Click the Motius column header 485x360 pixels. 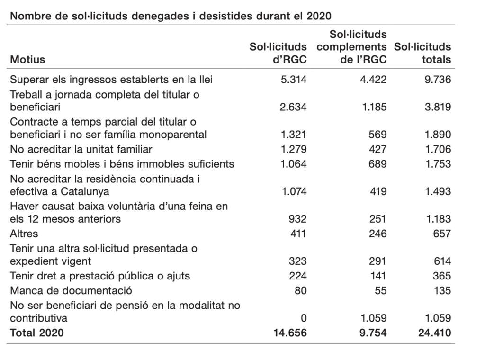(x=27, y=59)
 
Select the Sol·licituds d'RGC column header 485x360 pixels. (x=278, y=53)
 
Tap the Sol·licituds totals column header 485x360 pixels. (x=422, y=53)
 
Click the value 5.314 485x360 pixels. (x=294, y=80)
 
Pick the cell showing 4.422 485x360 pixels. (x=373, y=80)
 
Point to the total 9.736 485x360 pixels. (x=438, y=80)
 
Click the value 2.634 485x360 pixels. (x=293, y=107)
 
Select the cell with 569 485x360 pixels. (x=377, y=135)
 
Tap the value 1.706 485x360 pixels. (x=438, y=149)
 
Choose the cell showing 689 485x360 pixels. (x=377, y=164)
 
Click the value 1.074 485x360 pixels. (x=294, y=191)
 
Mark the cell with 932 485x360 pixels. (x=297, y=219)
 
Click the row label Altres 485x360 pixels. (x=24, y=234)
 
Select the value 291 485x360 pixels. (x=377, y=261)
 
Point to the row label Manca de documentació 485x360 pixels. (x=71, y=290)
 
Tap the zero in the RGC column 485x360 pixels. (x=304, y=318)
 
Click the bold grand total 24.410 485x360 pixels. (x=435, y=333)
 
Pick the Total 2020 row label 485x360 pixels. (x=37, y=333)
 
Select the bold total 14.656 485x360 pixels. (x=290, y=333)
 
